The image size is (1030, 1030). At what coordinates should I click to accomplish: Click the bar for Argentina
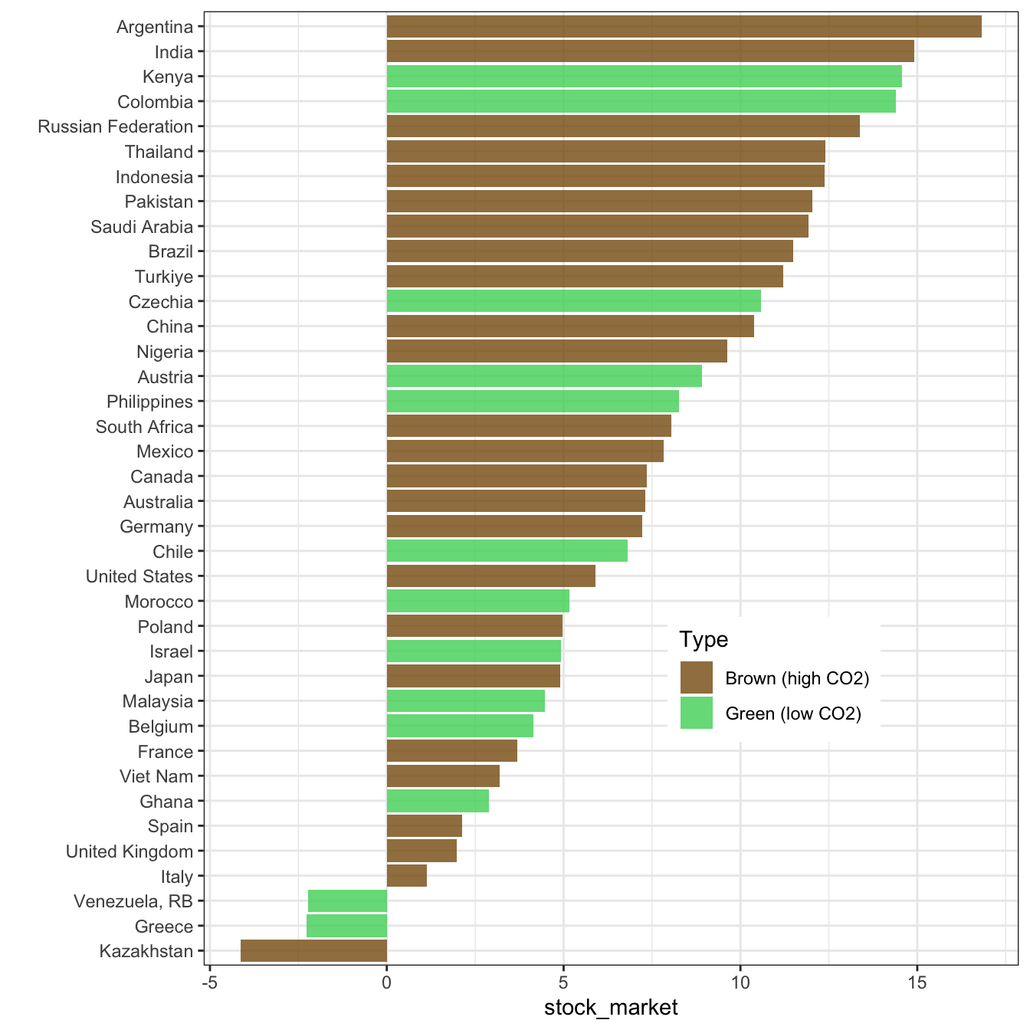pos(684,27)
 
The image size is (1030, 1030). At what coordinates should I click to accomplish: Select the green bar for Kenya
pos(644,77)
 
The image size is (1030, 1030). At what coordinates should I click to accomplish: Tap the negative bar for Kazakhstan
pos(313,951)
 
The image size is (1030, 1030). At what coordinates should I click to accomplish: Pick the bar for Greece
pos(346,926)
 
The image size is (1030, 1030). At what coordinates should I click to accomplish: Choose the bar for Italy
pos(406,876)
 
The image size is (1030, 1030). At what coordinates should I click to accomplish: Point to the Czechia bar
pos(573,301)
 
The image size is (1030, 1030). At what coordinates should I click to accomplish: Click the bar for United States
pos(490,576)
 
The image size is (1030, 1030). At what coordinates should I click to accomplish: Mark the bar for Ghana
pos(438,801)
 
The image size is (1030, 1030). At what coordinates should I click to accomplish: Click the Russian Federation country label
pos(116,126)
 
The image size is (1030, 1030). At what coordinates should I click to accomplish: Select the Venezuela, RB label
pos(133,901)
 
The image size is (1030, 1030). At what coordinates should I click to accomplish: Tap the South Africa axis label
pos(144,427)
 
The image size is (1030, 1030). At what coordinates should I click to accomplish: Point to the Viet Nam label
pos(156,776)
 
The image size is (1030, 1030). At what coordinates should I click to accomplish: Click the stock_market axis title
pos(611,1007)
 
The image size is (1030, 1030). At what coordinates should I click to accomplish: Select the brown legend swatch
pos(696,678)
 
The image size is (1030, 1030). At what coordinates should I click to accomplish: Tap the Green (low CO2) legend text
pos(793,714)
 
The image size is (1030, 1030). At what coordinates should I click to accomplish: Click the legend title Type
pos(703,639)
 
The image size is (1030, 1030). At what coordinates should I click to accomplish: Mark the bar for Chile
pos(507,551)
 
